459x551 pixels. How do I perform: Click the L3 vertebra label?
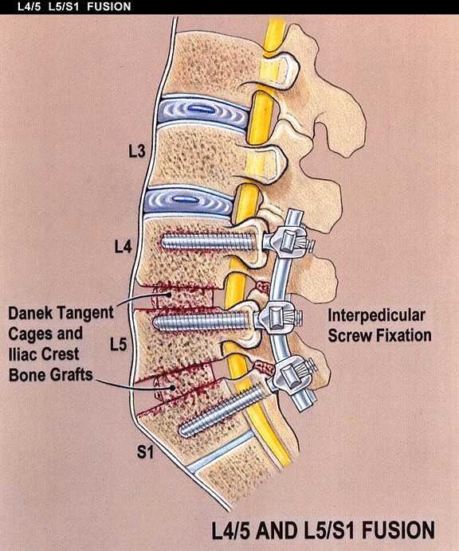136,151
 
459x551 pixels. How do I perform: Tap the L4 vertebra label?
123,246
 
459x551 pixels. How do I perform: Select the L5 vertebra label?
118,344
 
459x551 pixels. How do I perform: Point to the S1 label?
145,451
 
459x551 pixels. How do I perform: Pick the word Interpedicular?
376,315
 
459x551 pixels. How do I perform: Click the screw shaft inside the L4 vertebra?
208,242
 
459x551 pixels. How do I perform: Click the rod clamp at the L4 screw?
288,241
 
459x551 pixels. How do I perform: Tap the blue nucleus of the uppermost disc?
201,109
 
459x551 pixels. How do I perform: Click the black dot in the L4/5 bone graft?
170,294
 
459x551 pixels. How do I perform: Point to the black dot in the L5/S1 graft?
173,388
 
